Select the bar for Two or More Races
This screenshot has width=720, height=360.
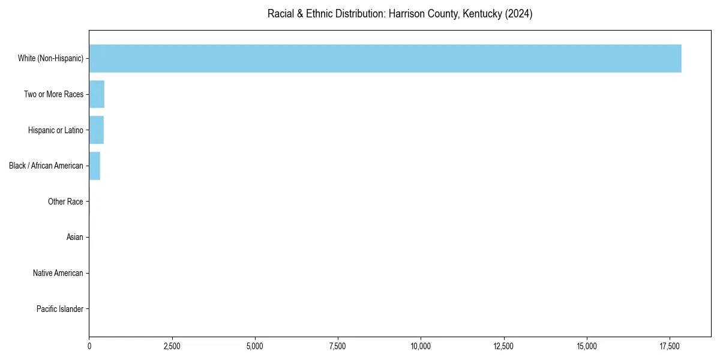(x=97, y=94)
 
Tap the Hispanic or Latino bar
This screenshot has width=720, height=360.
(x=96, y=130)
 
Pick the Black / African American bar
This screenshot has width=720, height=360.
(x=94, y=166)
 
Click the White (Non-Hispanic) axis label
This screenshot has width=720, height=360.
(x=50, y=58)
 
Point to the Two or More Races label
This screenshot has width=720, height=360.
(x=53, y=94)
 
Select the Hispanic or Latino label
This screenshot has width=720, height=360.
(x=55, y=130)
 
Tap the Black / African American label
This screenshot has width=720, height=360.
(x=46, y=166)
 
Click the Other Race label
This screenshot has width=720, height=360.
(x=65, y=202)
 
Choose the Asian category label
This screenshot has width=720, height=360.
(x=74, y=238)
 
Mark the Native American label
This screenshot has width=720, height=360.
(x=58, y=273)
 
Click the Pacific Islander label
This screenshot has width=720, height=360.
(x=59, y=309)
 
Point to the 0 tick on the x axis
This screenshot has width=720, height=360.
(x=89, y=346)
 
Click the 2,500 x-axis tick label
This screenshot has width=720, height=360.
(x=172, y=346)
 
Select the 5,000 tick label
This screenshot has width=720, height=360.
(x=255, y=346)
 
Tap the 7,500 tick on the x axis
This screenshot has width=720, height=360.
(x=338, y=346)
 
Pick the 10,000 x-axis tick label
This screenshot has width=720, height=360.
(x=421, y=346)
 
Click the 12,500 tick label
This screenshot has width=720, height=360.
(x=503, y=346)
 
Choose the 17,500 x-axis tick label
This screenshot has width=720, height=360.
(x=670, y=346)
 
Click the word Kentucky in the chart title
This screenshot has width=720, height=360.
(x=482, y=14)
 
